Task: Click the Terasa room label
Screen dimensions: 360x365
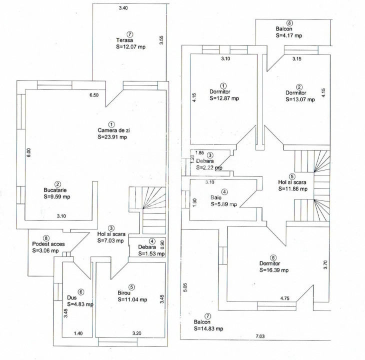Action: (124, 40)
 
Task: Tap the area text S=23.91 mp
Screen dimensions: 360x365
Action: (112, 136)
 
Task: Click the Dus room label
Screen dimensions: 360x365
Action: (71, 297)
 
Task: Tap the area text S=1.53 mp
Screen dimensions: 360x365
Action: (147, 253)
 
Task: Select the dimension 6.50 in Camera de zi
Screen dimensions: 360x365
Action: (93, 94)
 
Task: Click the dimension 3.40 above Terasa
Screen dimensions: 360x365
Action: (122, 8)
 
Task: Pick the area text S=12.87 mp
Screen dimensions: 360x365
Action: (224, 98)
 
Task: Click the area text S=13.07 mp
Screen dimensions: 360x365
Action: (300, 99)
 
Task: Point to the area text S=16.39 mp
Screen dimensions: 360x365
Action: (274, 270)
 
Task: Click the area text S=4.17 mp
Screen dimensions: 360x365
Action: (288, 35)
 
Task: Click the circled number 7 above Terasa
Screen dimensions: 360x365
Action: (130, 33)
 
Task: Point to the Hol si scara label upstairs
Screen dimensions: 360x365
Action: (291, 182)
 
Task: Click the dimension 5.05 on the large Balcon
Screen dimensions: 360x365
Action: (185, 288)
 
